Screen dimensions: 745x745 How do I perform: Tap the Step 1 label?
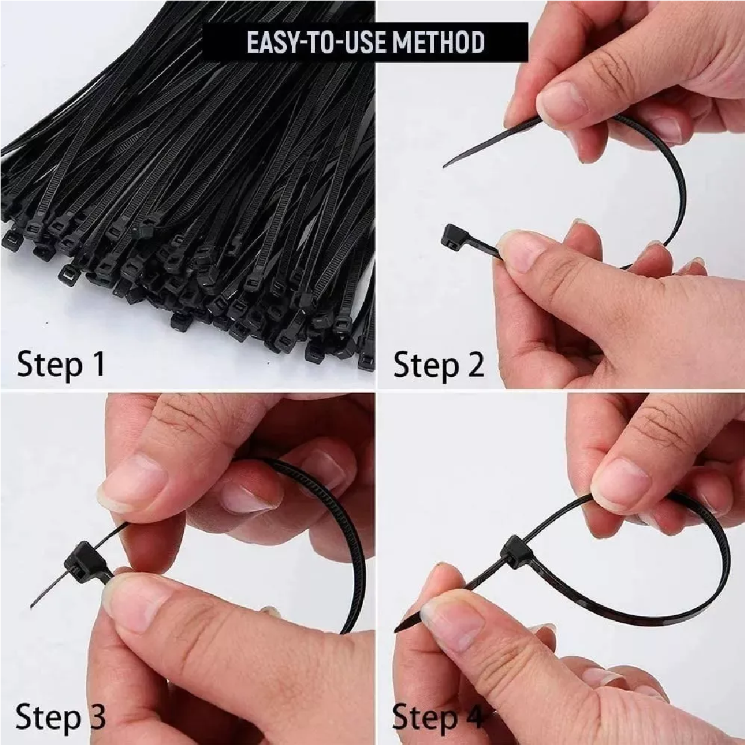pos(61,364)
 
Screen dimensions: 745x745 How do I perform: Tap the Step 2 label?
pos(438,364)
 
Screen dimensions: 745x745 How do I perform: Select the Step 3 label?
pos(61,717)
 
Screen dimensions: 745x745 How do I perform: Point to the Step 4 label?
pos(437,717)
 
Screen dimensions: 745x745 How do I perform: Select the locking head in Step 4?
pos(516,552)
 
